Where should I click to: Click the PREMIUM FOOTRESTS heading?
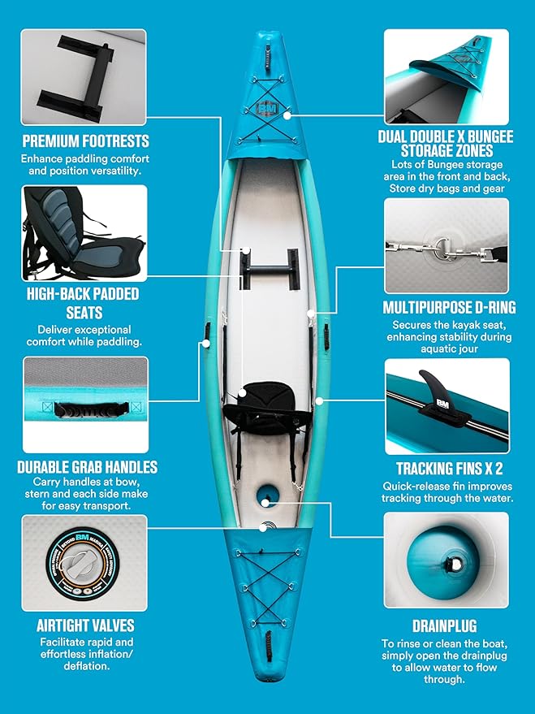coord(85,141)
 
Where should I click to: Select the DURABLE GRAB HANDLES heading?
coord(87,468)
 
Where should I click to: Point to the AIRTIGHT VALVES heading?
coord(84,625)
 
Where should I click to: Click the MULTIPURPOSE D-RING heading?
coord(447,309)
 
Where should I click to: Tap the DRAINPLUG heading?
coord(446,626)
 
